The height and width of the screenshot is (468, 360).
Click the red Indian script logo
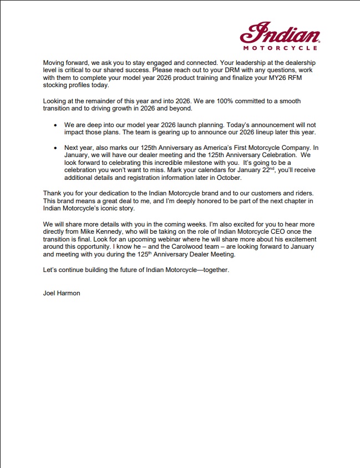[x=279, y=34]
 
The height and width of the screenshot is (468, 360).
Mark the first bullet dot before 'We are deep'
[x=55, y=126]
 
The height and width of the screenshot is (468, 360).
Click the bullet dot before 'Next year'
[x=55, y=148]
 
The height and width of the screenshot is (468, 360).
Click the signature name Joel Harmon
[x=61, y=293]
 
